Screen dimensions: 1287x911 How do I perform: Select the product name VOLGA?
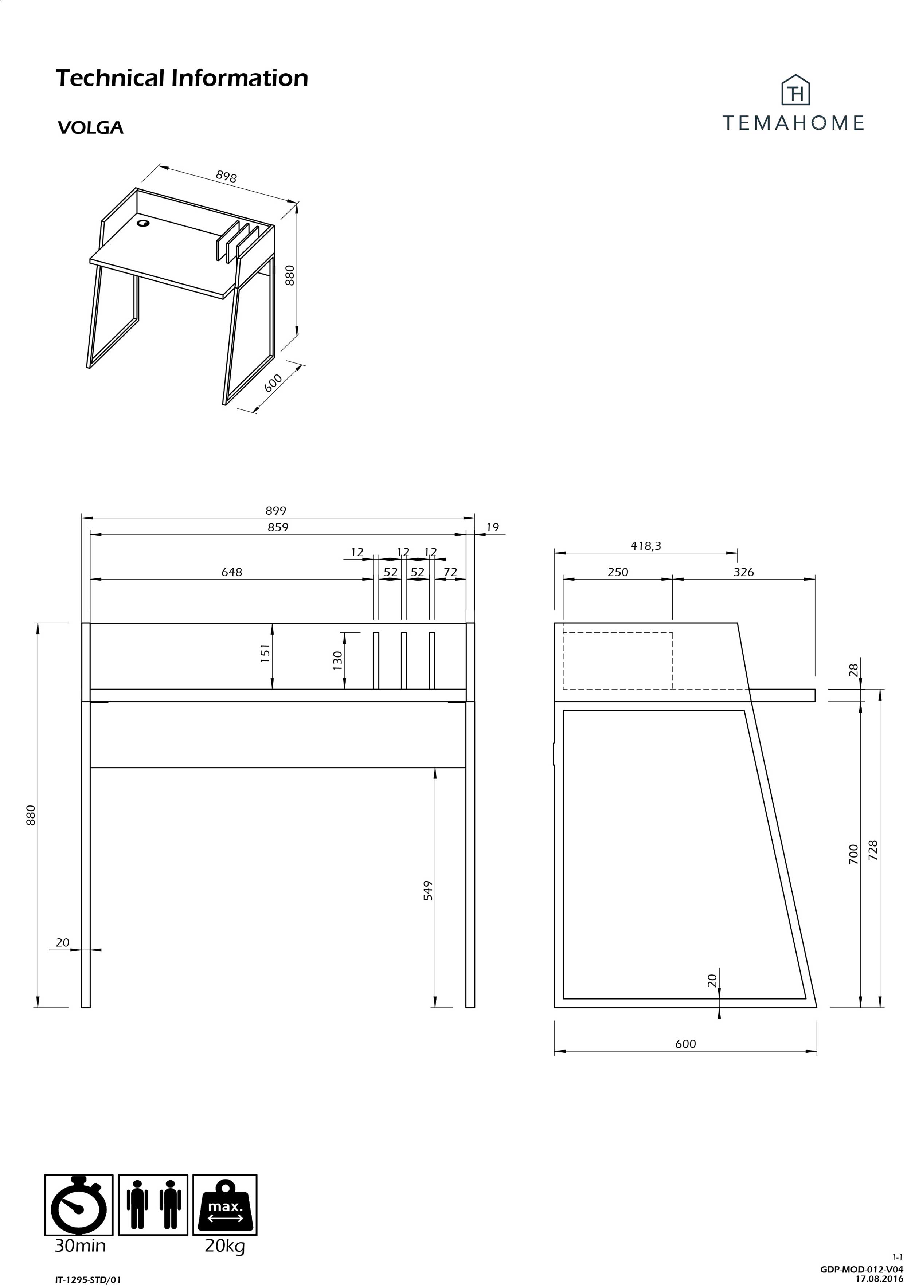[90, 128]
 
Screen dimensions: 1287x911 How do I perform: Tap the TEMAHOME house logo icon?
[795, 90]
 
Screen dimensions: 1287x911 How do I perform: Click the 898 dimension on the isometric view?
[227, 177]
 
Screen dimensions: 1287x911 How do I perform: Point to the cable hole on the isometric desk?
[144, 224]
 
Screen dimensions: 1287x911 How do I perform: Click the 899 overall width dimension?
[275, 510]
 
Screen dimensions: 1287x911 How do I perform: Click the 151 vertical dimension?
[265, 653]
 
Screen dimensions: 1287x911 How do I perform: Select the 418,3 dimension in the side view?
[646, 546]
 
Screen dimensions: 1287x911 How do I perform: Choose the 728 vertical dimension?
[873, 850]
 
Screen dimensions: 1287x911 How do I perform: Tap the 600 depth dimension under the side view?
[685, 1044]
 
